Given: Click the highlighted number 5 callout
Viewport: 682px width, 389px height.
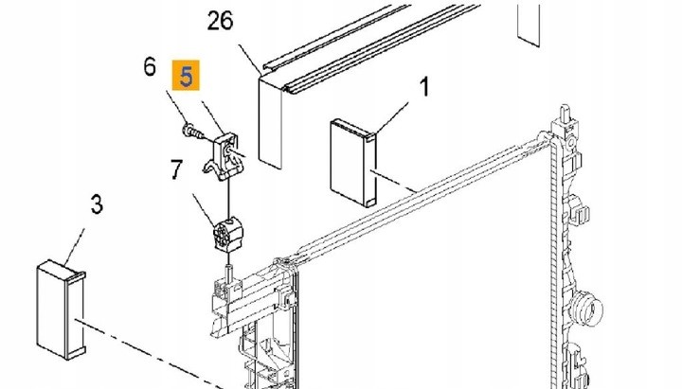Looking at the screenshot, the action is (x=186, y=75).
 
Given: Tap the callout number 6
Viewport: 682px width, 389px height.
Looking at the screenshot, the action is (x=150, y=67).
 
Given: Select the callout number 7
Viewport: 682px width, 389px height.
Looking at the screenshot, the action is (x=176, y=169).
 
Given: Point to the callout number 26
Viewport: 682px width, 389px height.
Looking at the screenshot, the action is (x=220, y=21).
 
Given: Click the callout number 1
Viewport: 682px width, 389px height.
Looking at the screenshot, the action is (x=424, y=86).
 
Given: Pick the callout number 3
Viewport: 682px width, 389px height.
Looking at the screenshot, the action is (x=97, y=203).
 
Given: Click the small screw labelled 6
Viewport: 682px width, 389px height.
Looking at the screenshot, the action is (x=193, y=132).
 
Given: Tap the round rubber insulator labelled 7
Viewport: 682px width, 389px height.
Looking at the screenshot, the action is (x=227, y=235).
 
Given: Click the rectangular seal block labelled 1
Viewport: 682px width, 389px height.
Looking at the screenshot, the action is (x=353, y=163).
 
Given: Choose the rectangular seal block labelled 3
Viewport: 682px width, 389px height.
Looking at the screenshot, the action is (x=62, y=310).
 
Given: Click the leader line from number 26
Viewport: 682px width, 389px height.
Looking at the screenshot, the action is (x=250, y=59).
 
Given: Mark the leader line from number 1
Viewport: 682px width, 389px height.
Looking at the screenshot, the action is (x=392, y=117).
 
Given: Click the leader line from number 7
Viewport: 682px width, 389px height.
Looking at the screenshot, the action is (x=204, y=209).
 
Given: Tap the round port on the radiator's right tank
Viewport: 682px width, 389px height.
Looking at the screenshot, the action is (x=587, y=309).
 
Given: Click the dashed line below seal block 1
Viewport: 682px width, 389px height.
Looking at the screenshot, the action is (x=393, y=181).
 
